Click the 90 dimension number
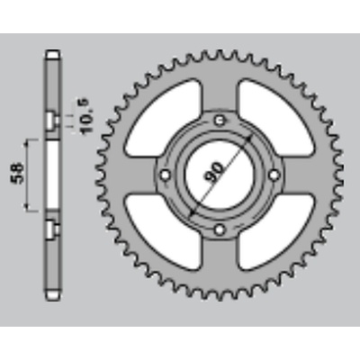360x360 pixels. [x=215, y=173]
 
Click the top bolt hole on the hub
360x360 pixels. [x=220, y=121]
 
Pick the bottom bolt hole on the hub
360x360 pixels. [x=220, y=229]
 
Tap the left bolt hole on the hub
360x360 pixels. [x=166, y=175]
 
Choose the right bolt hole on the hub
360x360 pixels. [x=274, y=175]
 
